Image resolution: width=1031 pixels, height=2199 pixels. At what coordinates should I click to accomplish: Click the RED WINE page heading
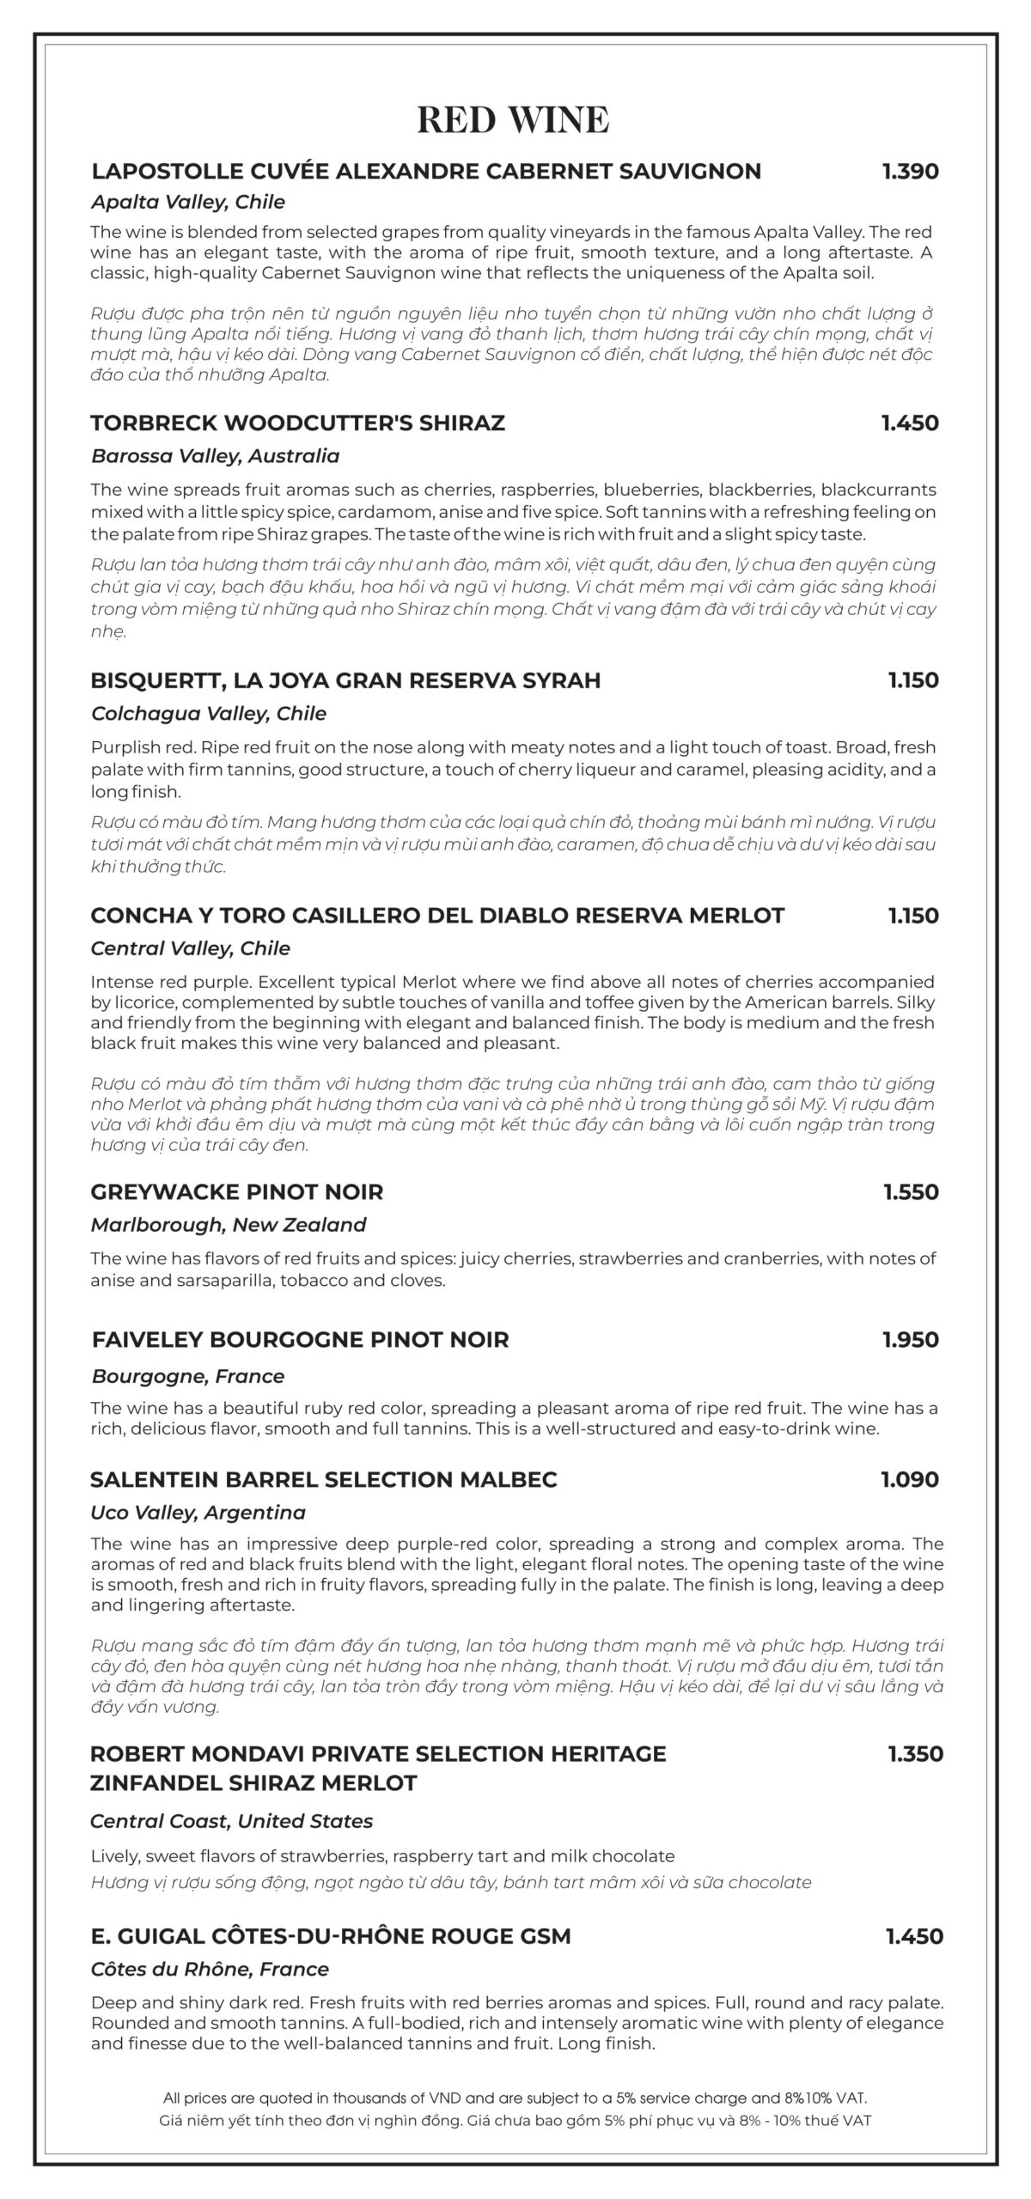pyautogui.click(x=513, y=120)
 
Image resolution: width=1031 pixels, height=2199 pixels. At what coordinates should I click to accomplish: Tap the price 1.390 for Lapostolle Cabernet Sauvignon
pyautogui.click(x=911, y=171)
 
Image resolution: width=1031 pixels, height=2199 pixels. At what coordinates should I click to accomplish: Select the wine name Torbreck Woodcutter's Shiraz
pyautogui.click(x=297, y=423)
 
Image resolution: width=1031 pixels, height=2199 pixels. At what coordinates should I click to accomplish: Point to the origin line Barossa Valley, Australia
pyautogui.click(x=215, y=456)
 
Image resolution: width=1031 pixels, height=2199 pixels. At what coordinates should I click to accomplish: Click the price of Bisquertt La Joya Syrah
pyautogui.click(x=913, y=680)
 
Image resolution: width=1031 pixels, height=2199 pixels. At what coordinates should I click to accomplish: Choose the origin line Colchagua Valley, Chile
pyautogui.click(x=208, y=714)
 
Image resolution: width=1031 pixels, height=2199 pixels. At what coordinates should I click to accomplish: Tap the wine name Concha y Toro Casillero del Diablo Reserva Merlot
pyautogui.click(x=437, y=916)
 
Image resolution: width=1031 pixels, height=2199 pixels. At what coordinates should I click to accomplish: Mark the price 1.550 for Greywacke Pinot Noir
pyautogui.click(x=911, y=1192)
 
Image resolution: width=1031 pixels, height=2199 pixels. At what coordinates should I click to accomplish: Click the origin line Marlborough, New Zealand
pyautogui.click(x=229, y=1225)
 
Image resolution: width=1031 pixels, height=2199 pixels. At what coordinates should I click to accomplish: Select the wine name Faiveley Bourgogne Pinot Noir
pyautogui.click(x=300, y=1340)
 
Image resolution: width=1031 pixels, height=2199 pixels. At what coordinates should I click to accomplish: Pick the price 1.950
pyautogui.click(x=911, y=1340)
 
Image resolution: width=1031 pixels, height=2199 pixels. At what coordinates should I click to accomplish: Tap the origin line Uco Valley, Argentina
pyautogui.click(x=198, y=1513)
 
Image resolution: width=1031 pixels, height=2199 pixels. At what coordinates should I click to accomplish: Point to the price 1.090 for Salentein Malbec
pyautogui.click(x=910, y=1480)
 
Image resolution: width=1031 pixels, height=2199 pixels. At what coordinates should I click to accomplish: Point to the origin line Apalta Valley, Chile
pyautogui.click(x=187, y=203)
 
